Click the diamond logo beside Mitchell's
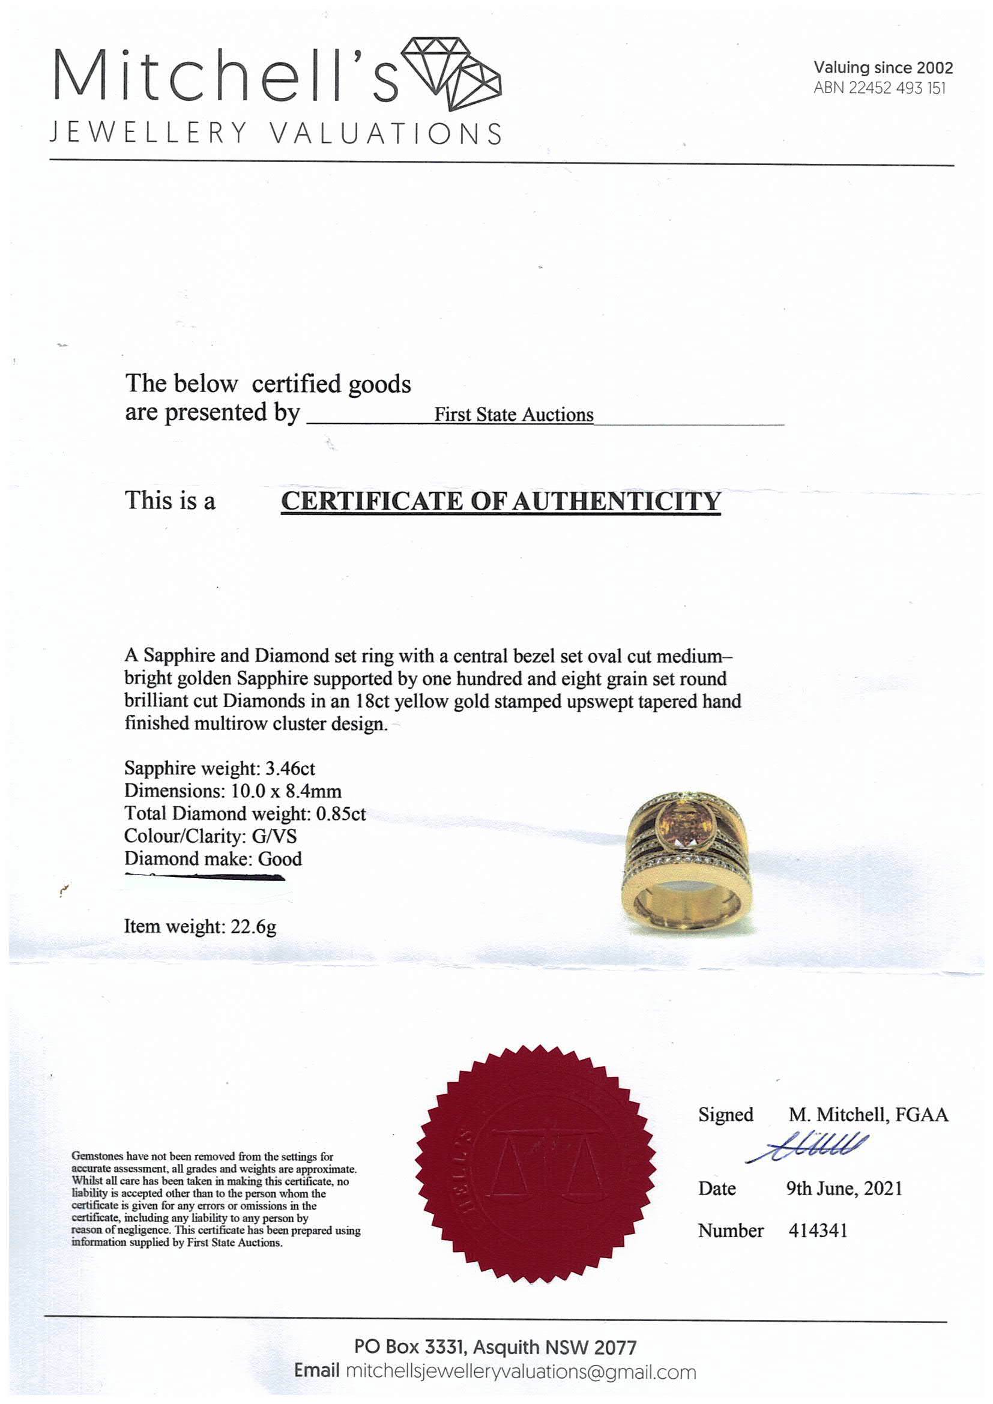click(x=455, y=73)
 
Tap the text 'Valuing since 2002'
click(x=883, y=68)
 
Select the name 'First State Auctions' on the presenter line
click(x=514, y=415)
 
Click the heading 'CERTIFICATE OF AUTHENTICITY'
click(x=500, y=501)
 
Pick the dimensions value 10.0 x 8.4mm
click(x=286, y=791)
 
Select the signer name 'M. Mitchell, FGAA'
click(x=868, y=1115)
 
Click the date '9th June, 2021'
click(x=844, y=1188)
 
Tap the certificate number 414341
click(x=818, y=1231)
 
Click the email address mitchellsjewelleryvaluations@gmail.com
click(x=521, y=1372)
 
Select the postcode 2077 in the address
click(x=615, y=1347)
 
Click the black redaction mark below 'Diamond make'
click(x=205, y=878)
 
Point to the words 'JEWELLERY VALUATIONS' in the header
click(x=275, y=133)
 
